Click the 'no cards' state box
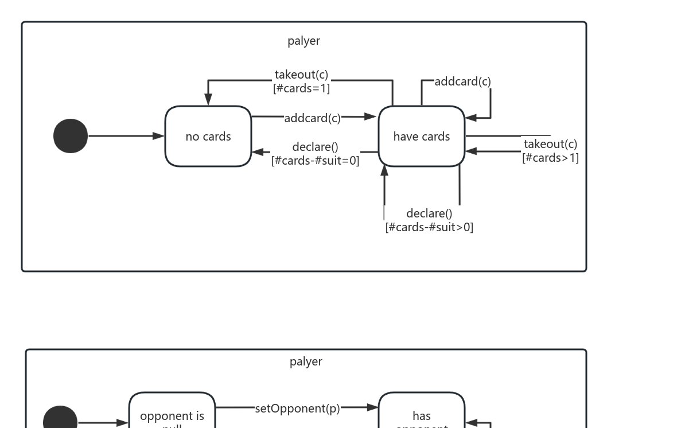click(208, 137)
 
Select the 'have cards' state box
click(422, 137)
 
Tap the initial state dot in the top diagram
click(71, 136)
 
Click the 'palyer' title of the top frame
click(303, 41)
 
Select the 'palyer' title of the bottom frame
click(306, 361)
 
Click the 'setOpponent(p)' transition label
click(297, 408)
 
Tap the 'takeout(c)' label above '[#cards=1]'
click(301, 75)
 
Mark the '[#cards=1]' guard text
click(301, 88)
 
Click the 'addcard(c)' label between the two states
click(312, 118)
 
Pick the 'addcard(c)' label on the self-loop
click(462, 81)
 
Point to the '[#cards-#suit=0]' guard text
click(316, 161)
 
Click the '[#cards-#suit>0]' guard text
click(429, 227)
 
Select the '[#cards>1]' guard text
click(550, 158)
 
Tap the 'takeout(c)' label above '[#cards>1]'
click(550, 144)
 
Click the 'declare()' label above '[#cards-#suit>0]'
click(429, 213)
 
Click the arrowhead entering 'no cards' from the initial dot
click(159, 136)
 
